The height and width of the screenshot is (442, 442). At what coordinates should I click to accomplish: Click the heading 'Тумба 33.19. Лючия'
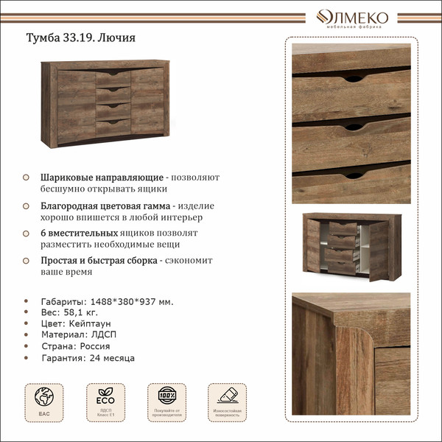pos(81,38)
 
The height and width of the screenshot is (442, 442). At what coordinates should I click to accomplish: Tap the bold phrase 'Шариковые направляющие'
pos(102,178)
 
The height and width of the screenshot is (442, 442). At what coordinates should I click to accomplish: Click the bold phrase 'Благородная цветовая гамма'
pos(106,206)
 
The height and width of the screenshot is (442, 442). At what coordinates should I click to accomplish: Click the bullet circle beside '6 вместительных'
pos(26,233)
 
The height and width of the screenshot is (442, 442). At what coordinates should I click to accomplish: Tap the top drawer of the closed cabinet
pos(113,77)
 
